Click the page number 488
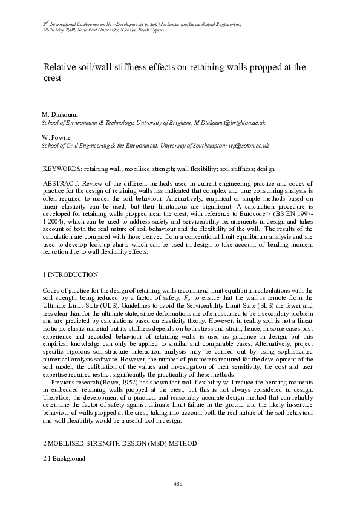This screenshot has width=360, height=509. click(179, 483)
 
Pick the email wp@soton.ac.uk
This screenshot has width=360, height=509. click(248, 146)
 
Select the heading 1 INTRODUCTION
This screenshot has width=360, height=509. click(70, 274)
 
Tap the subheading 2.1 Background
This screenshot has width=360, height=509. click(67, 459)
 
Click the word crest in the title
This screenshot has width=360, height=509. click(52, 79)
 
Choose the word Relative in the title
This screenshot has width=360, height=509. click(61, 66)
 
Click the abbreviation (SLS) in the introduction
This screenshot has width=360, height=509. click(242, 306)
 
